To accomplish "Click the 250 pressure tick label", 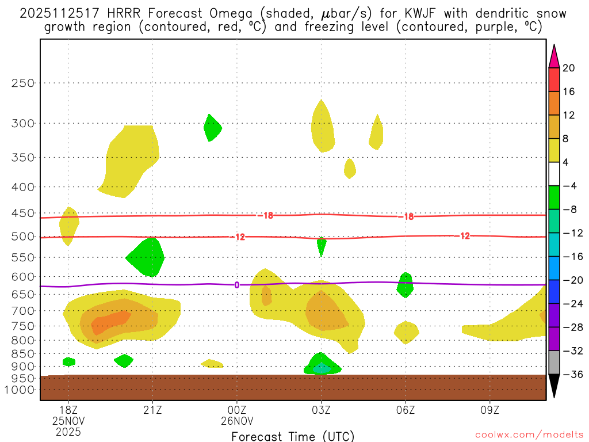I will pos(24,83).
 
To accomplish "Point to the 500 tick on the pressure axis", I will pos(24,237).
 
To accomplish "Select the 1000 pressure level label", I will pos(21,390).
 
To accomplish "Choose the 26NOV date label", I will pos(237,420).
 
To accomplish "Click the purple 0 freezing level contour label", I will pos(236,285).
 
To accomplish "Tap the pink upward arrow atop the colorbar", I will pos(554,56).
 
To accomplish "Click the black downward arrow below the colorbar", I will pos(554,386).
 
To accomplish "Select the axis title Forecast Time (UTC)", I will pos(293,436).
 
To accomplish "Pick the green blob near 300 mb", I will pos(212,128).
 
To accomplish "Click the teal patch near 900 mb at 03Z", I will pos(322,368).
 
